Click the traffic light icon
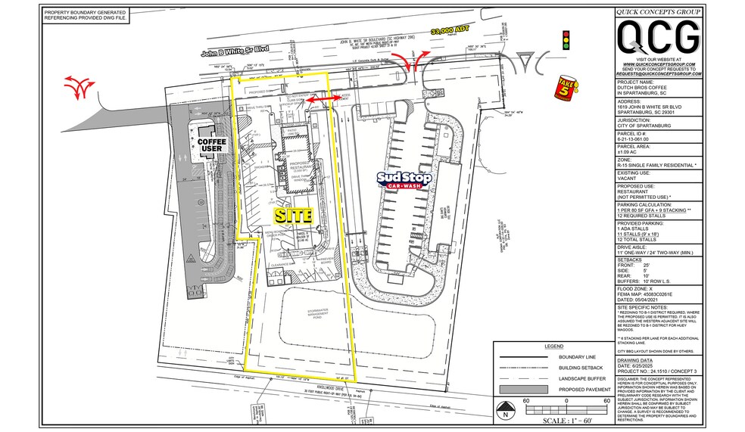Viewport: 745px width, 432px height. tap(565, 40)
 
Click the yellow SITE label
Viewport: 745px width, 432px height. tap(293, 215)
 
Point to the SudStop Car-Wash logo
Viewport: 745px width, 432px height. tap(405, 180)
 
